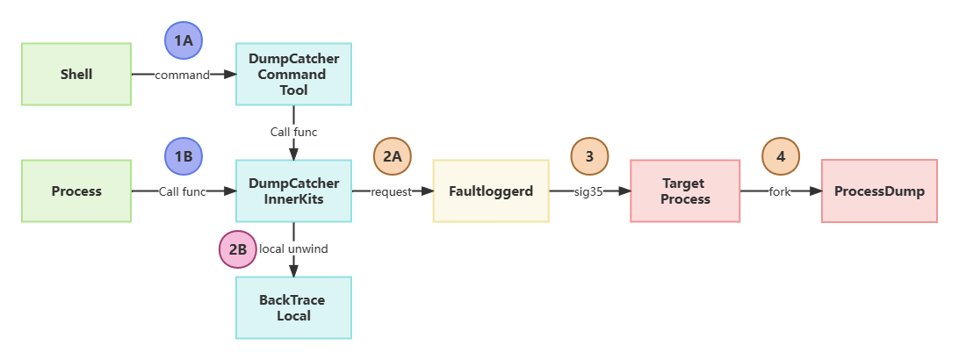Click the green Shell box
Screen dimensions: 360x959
click(x=76, y=75)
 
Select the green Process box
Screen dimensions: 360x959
click(x=76, y=191)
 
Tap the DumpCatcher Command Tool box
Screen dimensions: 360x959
click(x=293, y=75)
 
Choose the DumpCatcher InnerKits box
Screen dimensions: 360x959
click(x=293, y=191)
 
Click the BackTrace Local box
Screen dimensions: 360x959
click(x=293, y=307)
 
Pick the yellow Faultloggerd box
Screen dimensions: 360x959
click(x=491, y=191)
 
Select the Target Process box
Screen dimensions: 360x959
click(x=685, y=191)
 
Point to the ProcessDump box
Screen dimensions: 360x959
click(x=879, y=191)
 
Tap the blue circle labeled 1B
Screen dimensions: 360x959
click(x=184, y=156)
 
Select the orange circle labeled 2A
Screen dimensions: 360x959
click(x=392, y=156)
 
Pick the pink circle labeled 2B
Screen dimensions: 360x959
click(x=237, y=249)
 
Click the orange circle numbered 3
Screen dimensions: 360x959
click(x=588, y=156)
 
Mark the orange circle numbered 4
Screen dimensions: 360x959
click(x=781, y=156)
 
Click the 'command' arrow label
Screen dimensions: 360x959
click(x=183, y=76)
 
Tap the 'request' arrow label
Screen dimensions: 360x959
click(x=392, y=191)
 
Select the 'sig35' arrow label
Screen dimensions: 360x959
click(x=588, y=191)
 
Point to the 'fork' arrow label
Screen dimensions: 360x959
click(x=780, y=191)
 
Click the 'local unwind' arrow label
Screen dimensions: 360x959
click(x=293, y=249)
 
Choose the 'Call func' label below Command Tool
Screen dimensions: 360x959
click(x=293, y=132)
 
